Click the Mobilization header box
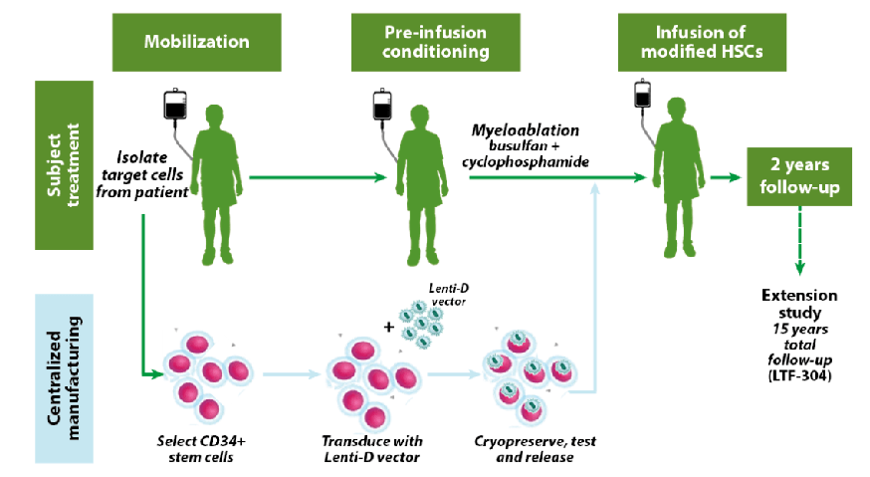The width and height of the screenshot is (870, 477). tap(196, 42)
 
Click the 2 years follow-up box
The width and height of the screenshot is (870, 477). tap(800, 176)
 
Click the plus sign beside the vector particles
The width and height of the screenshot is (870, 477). tap(388, 326)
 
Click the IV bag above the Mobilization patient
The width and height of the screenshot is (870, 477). tap(176, 104)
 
